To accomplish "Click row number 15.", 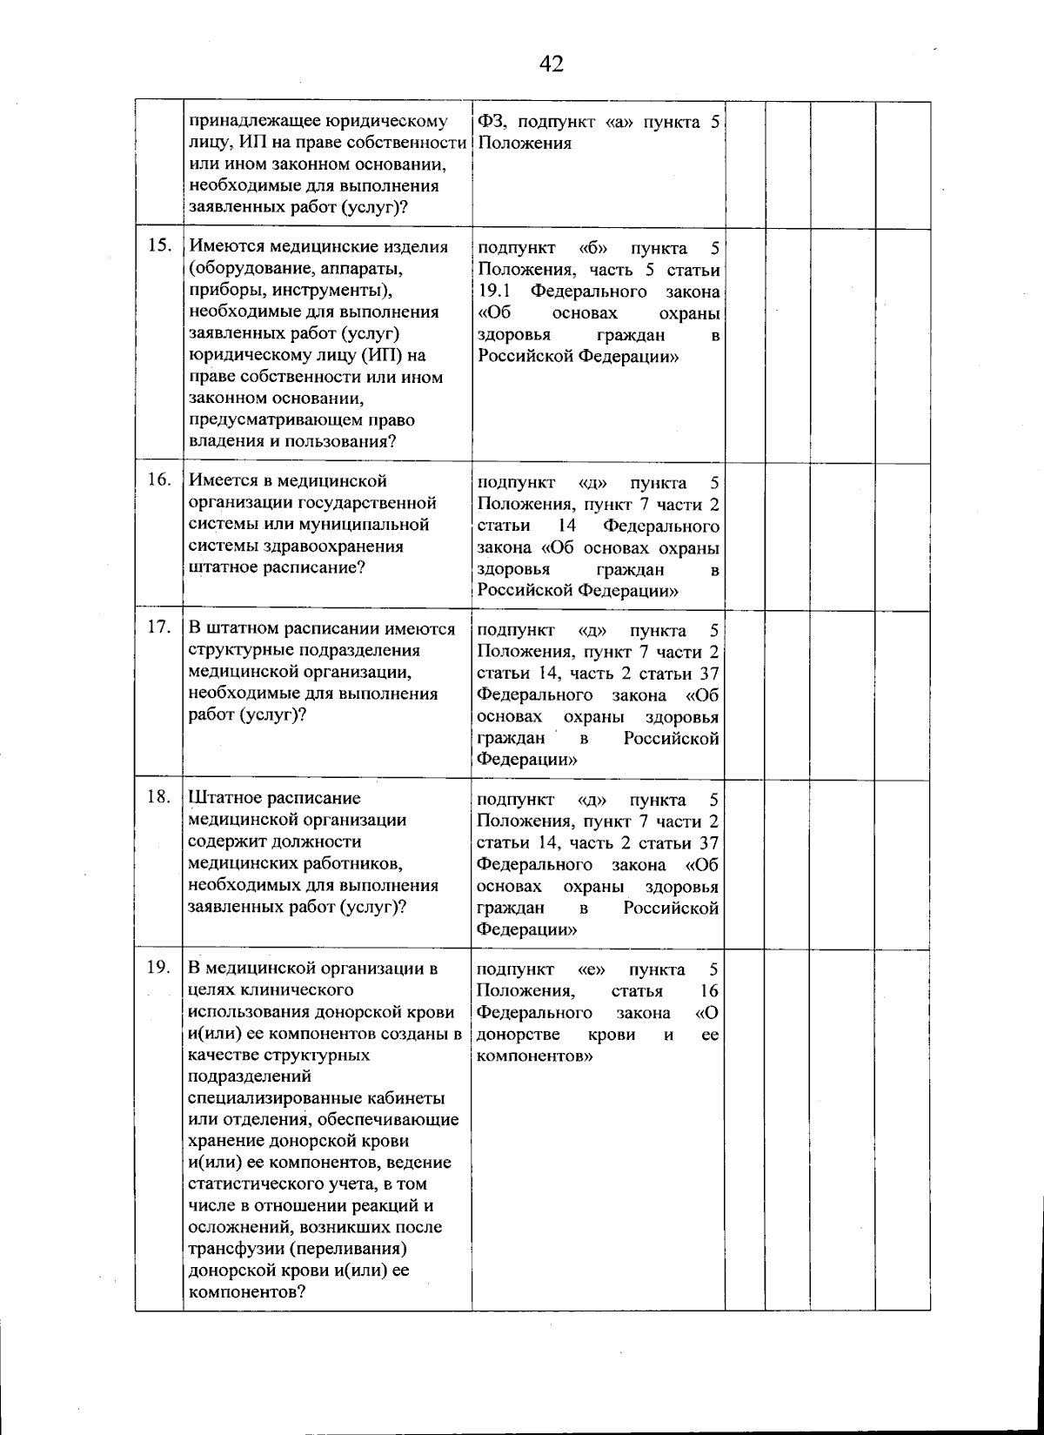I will (158, 245).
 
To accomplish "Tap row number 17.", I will (158, 628).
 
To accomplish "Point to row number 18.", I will (158, 797).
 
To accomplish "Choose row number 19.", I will (158, 967).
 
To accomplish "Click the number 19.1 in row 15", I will (493, 291).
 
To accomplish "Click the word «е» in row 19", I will (592, 969).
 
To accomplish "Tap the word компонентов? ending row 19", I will (245, 1292).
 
